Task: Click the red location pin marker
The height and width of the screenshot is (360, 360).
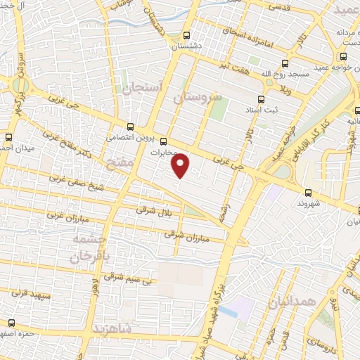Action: click(x=181, y=166)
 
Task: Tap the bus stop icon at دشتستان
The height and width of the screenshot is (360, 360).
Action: click(x=187, y=35)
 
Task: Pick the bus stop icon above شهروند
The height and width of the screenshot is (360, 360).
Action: click(x=309, y=191)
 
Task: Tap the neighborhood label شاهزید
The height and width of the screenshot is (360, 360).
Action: click(x=112, y=329)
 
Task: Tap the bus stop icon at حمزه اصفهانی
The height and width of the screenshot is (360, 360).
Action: click(x=10, y=323)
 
